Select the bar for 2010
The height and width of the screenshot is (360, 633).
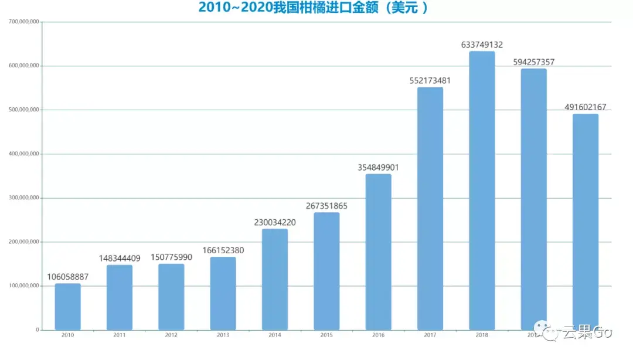pyautogui.click(x=67, y=307)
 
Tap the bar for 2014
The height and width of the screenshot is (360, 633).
pyautogui.click(x=274, y=279)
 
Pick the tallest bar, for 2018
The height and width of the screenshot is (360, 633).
pyautogui.click(x=482, y=191)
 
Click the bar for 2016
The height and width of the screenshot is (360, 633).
pyautogui.click(x=378, y=252)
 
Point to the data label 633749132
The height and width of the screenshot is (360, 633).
pyautogui.click(x=482, y=45)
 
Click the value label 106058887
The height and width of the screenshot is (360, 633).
pyautogui.click(x=67, y=277)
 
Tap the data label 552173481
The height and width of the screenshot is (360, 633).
pyautogui.click(x=430, y=80)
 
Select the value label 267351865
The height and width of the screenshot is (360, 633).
pyautogui.click(x=326, y=206)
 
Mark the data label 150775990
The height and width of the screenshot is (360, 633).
pyautogui.click(x=171, y=257)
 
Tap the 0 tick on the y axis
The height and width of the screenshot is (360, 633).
pyautogui.click(x=37, y=330)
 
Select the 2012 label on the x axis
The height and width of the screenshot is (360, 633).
pyautogui.click(x=171, y=335)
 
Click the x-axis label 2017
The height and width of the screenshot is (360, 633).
pyautogui.click(x=430, y=335)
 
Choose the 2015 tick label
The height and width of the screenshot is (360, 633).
pyautogui.click(x=326, y=335)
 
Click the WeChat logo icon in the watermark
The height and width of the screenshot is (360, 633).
pyautogui.click(x=551, y=332)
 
